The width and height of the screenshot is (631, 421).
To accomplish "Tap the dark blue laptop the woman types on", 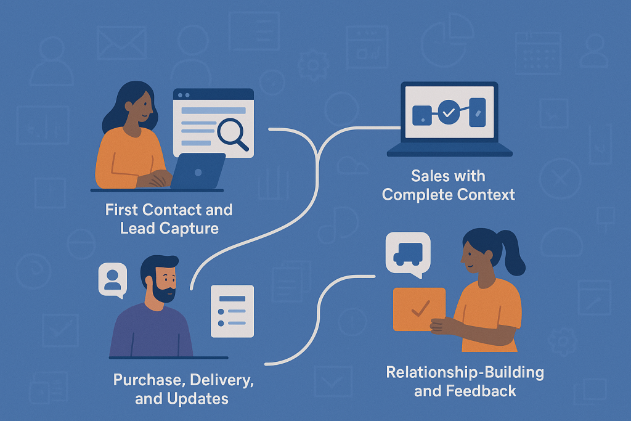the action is pyautogui.click(x=198, y=171).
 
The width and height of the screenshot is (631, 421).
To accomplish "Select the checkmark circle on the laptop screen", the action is pyautogui.click(x=449, y=112).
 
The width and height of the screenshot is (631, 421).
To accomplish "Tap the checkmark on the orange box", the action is pyautogui.click(x=420, y=308).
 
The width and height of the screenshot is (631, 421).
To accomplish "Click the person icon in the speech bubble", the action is pyautogui.click(x=112, y=279).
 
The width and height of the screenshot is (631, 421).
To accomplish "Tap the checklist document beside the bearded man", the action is pyautogui.click(x=232, y=311).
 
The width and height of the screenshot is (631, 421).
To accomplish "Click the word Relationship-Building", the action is pyautogui.click(x=465, y=372).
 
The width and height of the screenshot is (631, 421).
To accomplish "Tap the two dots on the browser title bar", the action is pyautogui.click(x=184, y=95).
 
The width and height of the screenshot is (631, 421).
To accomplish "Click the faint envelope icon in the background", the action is pyautogui.click(x=121, y=43).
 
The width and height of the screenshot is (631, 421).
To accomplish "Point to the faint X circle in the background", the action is pyautogui.click(x=560, y=178).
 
